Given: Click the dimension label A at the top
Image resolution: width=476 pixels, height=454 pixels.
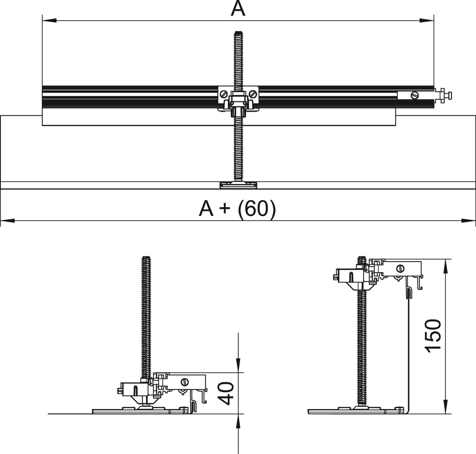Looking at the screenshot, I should (x=238, y=9).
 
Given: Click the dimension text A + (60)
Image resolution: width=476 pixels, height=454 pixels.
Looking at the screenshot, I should (x=237, y=208).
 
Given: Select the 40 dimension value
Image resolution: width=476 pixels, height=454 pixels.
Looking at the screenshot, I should (x=227, y=393).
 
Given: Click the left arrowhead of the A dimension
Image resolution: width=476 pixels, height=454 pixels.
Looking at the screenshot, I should (x=49, y=21).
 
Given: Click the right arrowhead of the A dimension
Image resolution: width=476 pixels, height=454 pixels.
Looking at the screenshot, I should (x=427, y=21).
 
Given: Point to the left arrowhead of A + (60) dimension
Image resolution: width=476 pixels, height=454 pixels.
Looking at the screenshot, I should (x=8, y=220).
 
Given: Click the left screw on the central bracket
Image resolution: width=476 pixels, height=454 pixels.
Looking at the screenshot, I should (x=224, y=94).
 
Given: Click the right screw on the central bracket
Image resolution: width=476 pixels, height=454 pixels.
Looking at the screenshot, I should (x=253, y=94).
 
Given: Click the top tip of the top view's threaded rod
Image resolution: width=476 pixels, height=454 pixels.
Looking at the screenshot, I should (x=238, y=33).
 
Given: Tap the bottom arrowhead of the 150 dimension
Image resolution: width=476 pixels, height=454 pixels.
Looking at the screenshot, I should (x=446, y=407).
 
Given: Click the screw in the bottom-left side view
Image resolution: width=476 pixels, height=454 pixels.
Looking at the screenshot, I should (x=184, y=382).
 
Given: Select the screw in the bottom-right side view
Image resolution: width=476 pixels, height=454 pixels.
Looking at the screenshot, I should (x=400, y=269).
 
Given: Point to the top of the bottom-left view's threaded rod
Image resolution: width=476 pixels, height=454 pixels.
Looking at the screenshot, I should (x=146, y=258).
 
